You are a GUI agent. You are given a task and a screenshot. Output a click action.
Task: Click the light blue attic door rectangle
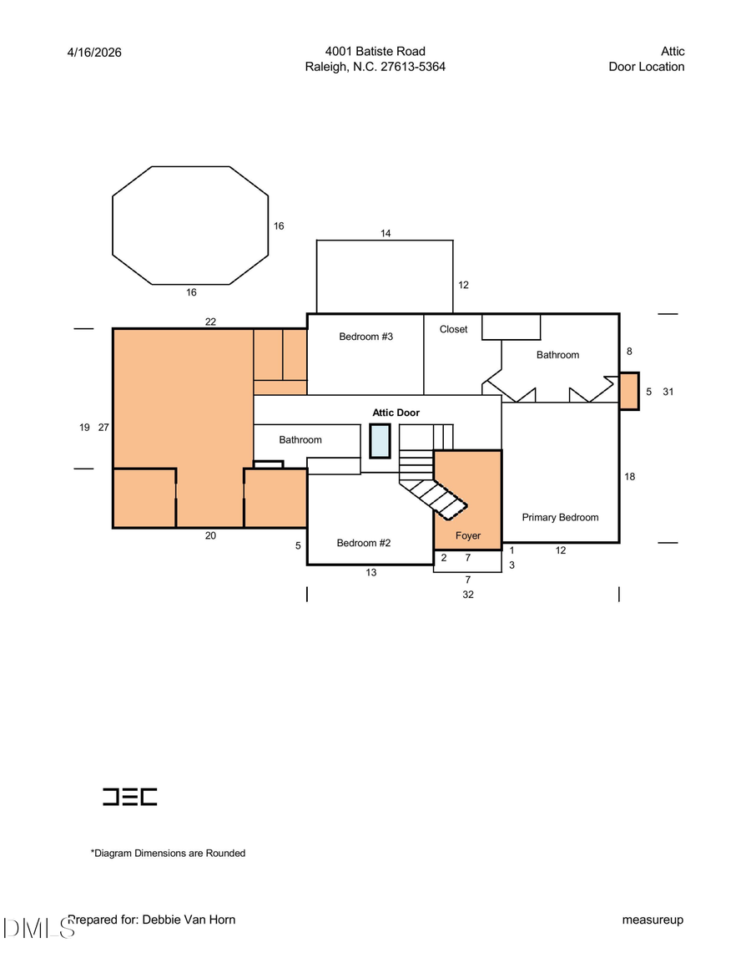(x=380, y=441)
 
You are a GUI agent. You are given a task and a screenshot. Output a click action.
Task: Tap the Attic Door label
(x=396, y=413)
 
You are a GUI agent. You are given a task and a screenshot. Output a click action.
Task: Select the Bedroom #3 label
(x=365, y=337)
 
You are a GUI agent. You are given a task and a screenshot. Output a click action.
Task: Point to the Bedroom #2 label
(x=364, y=543)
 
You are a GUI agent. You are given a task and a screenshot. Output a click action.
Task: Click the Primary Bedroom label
(x=560, y=518)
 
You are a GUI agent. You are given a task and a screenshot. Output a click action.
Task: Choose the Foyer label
(x=467, y=535)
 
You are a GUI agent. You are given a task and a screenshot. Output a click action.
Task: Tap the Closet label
(x=453, y=330)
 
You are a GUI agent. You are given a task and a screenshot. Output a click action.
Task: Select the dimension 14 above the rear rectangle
(x=386, y=233)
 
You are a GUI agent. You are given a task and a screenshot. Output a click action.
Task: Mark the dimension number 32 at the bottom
(x=467, y=595)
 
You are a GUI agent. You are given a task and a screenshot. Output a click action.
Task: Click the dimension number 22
(x=210, y=322)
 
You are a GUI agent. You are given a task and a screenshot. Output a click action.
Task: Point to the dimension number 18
(x=629, y=477)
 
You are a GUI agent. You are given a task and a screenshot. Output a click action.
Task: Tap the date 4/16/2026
(x=94, y=52)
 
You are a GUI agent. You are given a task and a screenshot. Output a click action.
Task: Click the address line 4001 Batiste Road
(x=375, y=52)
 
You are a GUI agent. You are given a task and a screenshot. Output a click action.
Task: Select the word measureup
(x=653, y=920)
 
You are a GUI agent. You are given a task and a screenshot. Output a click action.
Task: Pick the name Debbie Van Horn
(x=189, y=920)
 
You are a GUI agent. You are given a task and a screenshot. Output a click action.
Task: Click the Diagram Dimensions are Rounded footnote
(x=168, y=854)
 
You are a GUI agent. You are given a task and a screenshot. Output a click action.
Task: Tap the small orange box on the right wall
(x=629, y=391)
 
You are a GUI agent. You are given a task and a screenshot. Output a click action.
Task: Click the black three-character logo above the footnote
(x=129, y=797)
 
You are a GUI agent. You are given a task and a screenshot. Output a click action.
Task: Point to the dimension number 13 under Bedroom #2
(x=370, y=572)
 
